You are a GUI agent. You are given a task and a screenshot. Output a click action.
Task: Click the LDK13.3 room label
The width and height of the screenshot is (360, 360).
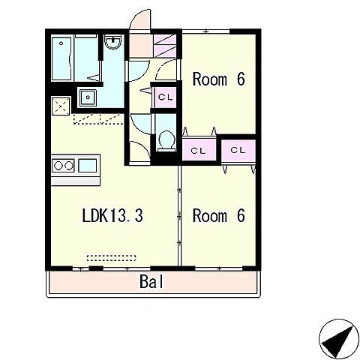point(112,216)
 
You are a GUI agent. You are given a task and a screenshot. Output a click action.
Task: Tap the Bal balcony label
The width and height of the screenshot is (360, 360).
point(151,281)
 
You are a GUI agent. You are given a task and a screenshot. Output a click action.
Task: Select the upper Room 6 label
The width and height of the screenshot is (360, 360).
point(218,79)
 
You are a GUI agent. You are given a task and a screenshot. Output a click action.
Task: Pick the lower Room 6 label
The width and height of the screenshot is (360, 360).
point(218,215)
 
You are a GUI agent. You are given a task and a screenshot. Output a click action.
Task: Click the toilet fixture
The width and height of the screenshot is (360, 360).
point(166,141)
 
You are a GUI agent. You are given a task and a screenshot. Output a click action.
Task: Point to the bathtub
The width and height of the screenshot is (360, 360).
point(61,59)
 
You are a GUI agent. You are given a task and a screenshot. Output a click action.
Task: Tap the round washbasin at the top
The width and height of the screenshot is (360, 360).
point(113,42)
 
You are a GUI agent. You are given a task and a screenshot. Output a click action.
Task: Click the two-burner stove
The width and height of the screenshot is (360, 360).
point(63,166)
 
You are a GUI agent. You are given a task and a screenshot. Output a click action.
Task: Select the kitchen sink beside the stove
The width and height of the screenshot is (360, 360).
point(88,166)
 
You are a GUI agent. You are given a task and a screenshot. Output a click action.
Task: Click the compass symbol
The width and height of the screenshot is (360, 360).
point(339,339)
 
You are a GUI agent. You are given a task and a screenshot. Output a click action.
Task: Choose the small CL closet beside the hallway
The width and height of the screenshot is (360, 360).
point(166,97)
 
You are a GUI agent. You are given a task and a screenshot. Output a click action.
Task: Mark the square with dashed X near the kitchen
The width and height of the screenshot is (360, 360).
point(61,106)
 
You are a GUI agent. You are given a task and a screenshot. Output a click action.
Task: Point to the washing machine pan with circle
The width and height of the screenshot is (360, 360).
point(88,97)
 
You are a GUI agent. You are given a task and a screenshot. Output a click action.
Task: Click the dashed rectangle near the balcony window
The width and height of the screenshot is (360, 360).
point(112,258)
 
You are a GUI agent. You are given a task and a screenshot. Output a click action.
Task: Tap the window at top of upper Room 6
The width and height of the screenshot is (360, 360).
point(205,31)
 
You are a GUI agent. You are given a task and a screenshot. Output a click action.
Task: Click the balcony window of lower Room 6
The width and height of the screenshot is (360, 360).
point(219,269)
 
